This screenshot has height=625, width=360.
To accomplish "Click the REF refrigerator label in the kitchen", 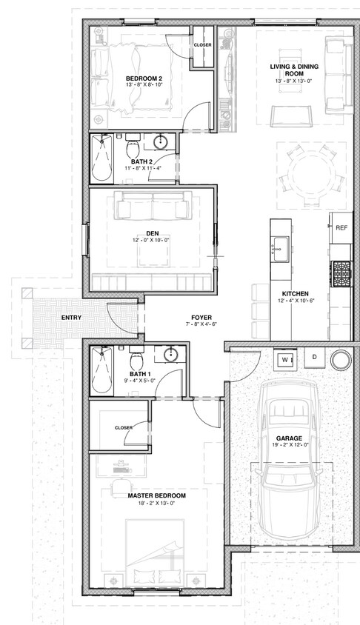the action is tap(341, 228).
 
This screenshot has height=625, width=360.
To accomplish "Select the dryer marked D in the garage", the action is tap(315, 357).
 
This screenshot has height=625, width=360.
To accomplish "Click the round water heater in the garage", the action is tap(341, 360).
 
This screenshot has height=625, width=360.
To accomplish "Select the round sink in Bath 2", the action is tap(161, 142).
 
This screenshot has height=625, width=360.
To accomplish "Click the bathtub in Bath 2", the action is tap(101, 158).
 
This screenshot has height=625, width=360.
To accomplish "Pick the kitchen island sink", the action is tap(281, 249).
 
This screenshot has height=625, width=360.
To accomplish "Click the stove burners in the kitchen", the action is tap(342, 273).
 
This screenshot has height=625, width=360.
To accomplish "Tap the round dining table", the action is tap(311, 176).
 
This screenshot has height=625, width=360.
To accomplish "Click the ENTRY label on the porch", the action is tap(71, 318).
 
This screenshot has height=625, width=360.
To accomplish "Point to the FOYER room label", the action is tap(201, 318).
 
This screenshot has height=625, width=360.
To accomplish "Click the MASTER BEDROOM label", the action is tap(157, 495).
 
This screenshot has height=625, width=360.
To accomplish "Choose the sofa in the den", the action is tap(152, 205).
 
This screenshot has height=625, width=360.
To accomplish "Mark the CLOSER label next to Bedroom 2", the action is tap(202, 45).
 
